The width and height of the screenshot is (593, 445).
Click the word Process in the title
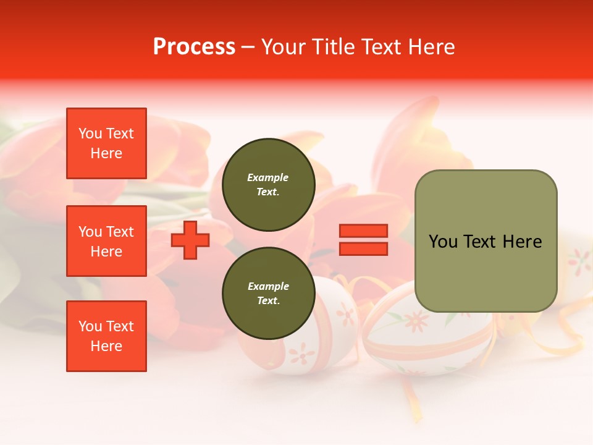pos(194,46)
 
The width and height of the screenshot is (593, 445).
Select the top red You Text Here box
pos(106,143)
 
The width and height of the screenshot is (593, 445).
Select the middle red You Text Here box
pos(106,241)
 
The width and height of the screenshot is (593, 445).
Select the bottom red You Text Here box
pos(106,336)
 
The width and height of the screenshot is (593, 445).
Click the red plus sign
pos(190,240)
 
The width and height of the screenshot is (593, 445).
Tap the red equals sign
pos(363,240)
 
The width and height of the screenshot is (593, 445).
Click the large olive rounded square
pos(486,241)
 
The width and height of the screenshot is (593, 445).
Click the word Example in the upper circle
pos(268,177)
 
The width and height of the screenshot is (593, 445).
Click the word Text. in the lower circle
pos(268,301)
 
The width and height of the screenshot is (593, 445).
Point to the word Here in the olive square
pos(522,242)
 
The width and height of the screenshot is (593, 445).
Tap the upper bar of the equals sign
pos(363,231)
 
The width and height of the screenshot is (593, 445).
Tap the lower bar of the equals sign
pos(363,248)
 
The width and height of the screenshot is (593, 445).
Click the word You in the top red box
pos(90,133)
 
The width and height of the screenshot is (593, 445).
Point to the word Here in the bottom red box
pos(106,346)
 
